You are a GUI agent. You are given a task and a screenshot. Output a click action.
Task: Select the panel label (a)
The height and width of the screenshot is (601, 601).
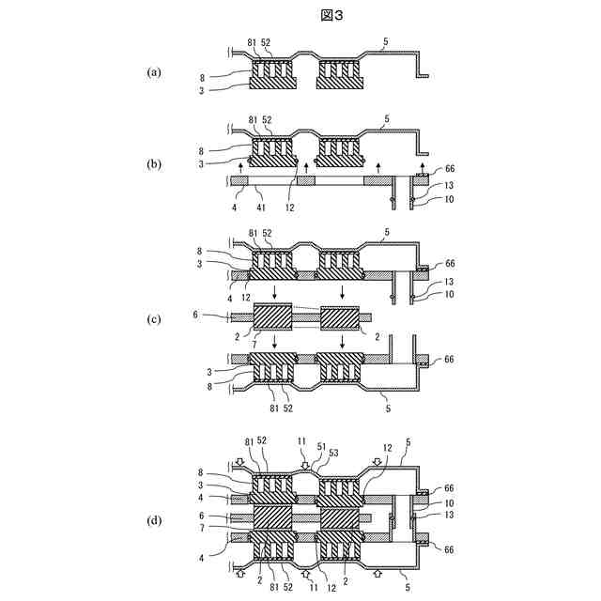(156, 71)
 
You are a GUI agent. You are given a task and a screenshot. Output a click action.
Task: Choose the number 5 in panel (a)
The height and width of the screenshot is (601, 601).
(387, 42)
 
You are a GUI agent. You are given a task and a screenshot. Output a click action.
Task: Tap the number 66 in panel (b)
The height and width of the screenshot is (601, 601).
(448, 168)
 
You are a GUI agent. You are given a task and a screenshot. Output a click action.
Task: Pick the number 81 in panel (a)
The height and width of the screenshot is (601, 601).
(253, 42)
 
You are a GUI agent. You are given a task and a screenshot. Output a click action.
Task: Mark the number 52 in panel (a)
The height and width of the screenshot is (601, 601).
(267, 42)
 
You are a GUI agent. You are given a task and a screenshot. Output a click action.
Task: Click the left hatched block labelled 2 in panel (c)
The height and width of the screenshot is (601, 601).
(274, 317)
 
